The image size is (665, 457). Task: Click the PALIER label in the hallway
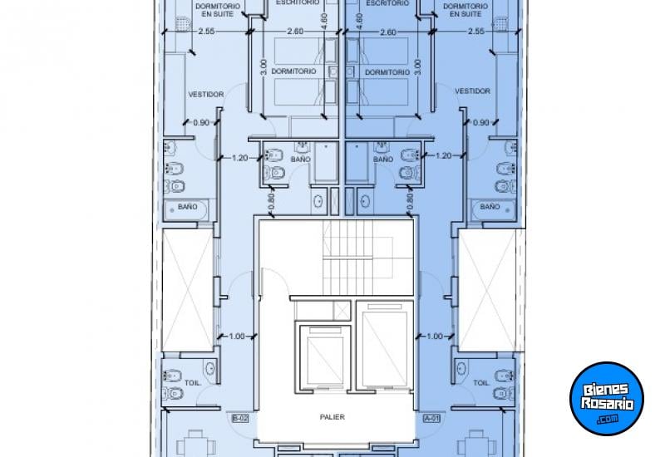pyautogui.click(x=337, y=417)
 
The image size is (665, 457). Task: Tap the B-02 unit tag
pyautogui.click(x=239, y=418)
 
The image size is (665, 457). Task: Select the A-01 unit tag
pyautogui.click(x=431, y=418)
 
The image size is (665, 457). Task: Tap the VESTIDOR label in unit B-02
pyautogui.click(x=205, y=94)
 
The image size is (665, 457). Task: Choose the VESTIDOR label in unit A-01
pyautogui.click(x=472, y=91)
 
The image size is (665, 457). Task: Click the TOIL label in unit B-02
pyautogui.click(x=193, y=383)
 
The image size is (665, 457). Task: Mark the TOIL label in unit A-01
pyautogui.click(x=480, y=383)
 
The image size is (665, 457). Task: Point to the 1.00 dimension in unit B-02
pyautogui.click(x=236, y=336)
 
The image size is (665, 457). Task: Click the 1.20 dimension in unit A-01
pyautogui.click(x=443, y=155)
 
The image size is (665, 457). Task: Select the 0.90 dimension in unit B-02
pyautogui.click(x=201, y=122)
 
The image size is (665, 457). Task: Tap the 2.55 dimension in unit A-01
pyautogui.click(x=475, y=32)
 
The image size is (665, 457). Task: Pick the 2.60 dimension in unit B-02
pyautogui.click(x=293, y=32)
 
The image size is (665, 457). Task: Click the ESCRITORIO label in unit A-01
pyautogui.click(x=386, y=3)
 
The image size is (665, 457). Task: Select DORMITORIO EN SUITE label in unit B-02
pyautogui.click(x=218, y=10)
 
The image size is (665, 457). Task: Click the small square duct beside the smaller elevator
pyautogui.click(x=342, y=309)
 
